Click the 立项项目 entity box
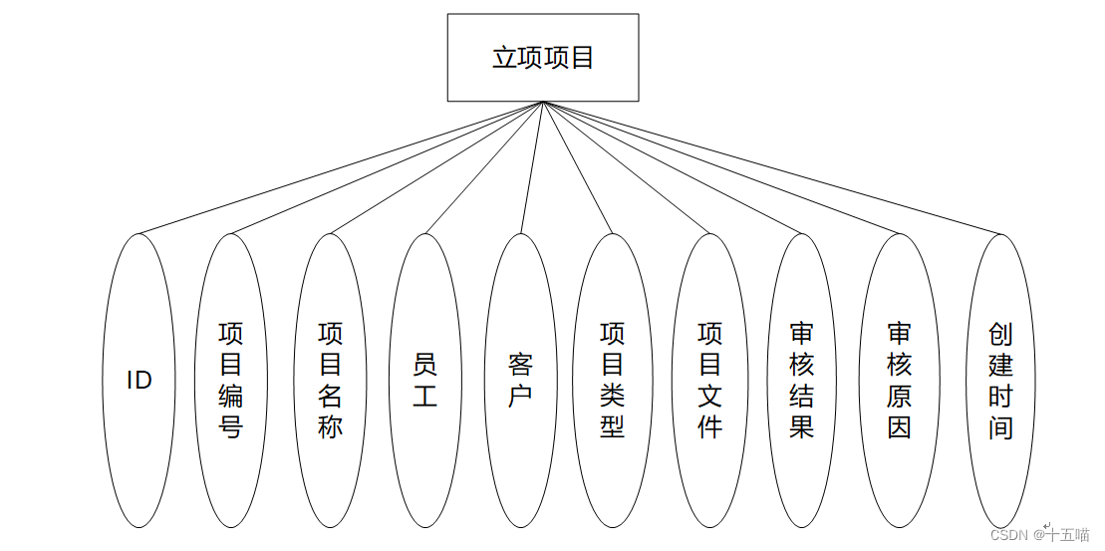[x=542, y=58]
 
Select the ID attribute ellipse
[x=138, y=381]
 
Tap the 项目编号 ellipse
[x=231, y=381]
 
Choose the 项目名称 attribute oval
[x=330, y=381]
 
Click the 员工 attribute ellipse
[x=425, y=381]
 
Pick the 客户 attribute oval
[x=520, y=381]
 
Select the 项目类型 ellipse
[x=613, y=381]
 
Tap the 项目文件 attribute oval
[x=709, y=381]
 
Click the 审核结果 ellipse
[x=802, y=381]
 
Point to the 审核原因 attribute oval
[x=899, y=381]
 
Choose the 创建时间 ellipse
[x=1000, y=381]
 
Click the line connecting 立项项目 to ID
[x=339, y=167]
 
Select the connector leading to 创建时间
[x=772, y=168]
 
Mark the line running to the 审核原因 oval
[x=721, y=168]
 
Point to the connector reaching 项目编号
[x=387, y=167]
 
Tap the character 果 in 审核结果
[x=802, y=427]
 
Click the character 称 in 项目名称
[x=330, y=427]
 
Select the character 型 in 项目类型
[x=613, y=427]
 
